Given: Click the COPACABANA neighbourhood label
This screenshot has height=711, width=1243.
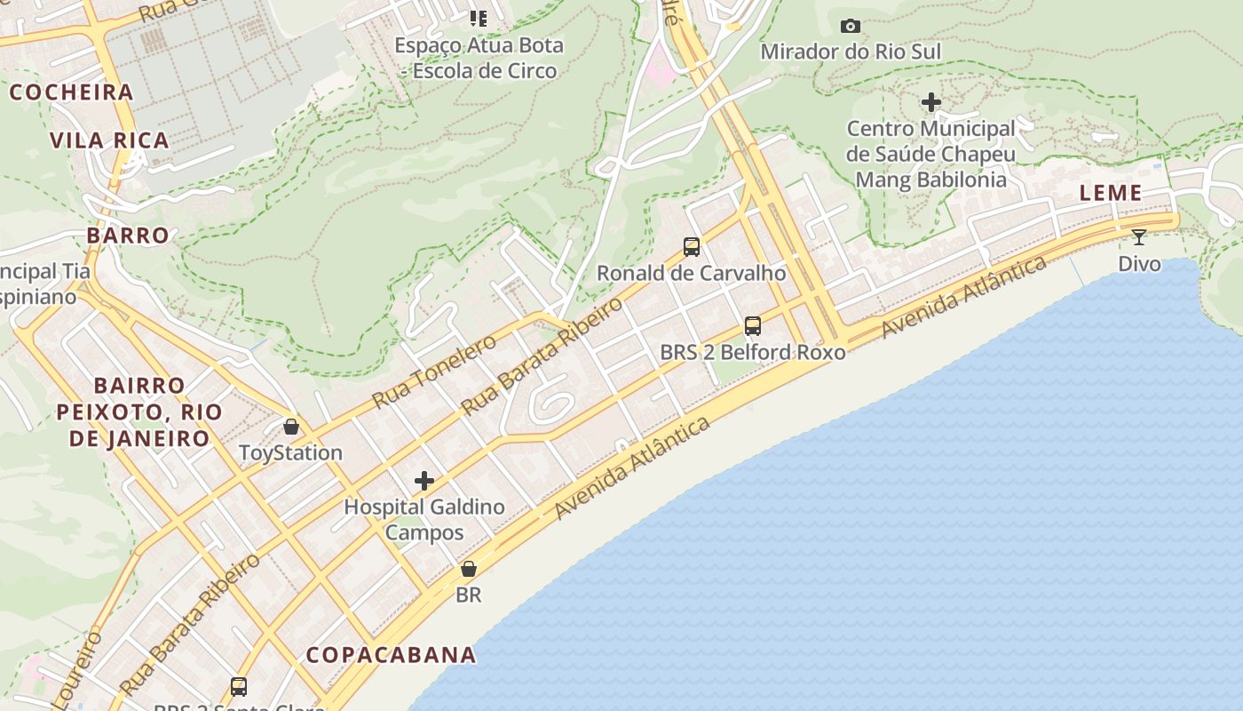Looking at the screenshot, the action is pos(391,655).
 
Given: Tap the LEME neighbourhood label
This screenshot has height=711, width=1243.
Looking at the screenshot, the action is pos(1110,193).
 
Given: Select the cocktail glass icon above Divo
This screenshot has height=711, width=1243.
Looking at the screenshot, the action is pos(1139,237).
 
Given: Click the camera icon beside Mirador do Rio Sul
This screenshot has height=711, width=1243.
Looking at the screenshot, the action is pos(850,26).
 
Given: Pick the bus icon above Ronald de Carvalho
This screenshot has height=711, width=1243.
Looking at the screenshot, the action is pos(691,247).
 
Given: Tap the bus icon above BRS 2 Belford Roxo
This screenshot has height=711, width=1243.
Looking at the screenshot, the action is pos(753,326).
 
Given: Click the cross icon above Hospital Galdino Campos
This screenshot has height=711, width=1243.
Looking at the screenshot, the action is pos(424,481).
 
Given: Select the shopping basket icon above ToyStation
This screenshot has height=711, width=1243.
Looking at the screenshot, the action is pos(290,427).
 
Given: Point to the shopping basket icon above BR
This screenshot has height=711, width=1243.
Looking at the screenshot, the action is pos(468,569).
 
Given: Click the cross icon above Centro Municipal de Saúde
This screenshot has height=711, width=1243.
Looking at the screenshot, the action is pos(930,103).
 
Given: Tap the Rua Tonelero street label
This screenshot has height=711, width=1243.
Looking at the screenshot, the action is pos(434,371).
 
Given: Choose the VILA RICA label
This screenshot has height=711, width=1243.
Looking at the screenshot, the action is pos(109,140).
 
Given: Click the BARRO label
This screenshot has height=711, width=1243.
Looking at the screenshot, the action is pos(128,236).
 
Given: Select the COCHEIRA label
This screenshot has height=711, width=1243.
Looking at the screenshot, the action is pos(71,92).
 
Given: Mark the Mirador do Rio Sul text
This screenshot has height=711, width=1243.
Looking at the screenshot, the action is pos(850,52).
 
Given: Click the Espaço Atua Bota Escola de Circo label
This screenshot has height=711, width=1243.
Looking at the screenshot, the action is pos(479,58).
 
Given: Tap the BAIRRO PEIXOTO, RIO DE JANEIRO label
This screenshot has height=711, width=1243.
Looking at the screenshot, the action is pos(139,411).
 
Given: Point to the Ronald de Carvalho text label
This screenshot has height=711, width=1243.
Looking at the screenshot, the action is pos(691,273).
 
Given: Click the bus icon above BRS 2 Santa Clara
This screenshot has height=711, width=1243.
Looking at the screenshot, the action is pos(238,686).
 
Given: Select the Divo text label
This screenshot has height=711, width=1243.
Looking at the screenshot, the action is pos(1139,264).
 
